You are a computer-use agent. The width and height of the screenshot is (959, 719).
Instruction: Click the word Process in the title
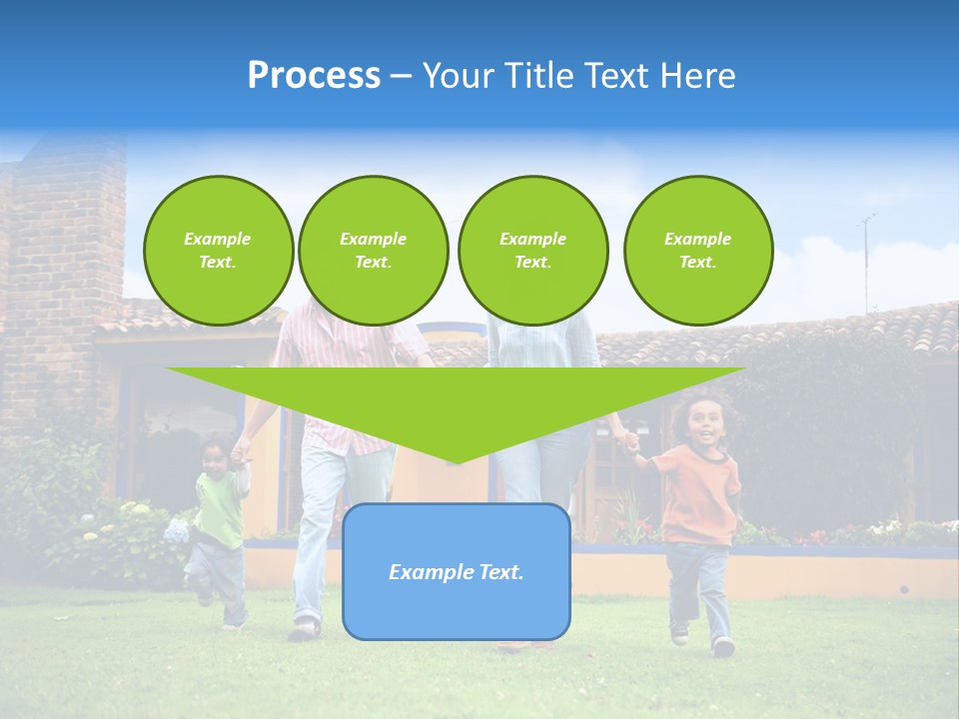[314, 76]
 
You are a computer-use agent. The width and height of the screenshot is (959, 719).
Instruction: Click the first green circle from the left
[218, 251]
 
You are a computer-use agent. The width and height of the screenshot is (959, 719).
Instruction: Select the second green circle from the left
[373, 251]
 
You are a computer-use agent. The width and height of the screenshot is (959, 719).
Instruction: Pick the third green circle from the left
[532, 251]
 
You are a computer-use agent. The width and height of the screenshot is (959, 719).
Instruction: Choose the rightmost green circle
[697, 251]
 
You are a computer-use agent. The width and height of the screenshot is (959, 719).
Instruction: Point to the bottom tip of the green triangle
[456, 462]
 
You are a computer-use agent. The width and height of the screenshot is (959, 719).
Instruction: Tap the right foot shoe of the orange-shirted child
[722, 647]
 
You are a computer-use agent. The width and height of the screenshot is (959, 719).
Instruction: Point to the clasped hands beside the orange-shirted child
[630, 440]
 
